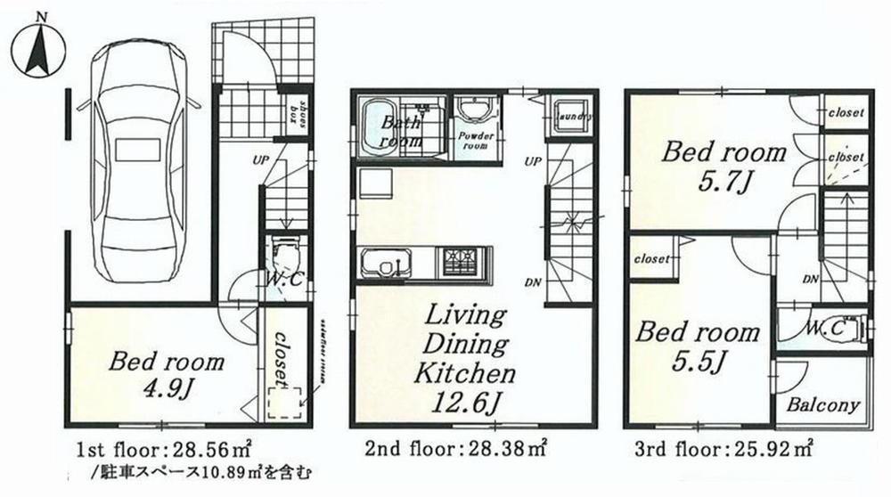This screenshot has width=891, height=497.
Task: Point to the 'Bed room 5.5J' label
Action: coord(697,346)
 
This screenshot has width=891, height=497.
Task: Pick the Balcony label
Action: coord(823,406)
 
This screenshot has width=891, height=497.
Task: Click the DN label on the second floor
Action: coord(534,282)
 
